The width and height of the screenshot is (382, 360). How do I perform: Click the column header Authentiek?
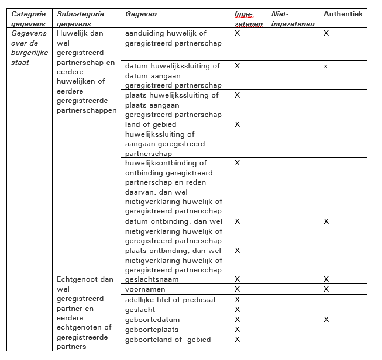[343, 14]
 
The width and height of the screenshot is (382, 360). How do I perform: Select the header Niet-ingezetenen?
[292, 19]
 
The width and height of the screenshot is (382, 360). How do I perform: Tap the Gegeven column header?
[141, 14]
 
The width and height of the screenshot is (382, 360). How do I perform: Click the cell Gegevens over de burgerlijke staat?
[29, 48]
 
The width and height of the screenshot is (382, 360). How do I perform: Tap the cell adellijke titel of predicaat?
[170, 300]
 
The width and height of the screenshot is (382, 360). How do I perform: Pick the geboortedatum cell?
[153, 320]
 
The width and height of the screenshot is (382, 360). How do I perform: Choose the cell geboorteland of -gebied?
[168, 340]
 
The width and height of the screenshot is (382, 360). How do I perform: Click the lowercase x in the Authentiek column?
[326, 67]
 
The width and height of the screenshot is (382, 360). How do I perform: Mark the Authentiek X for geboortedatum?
[326, 320]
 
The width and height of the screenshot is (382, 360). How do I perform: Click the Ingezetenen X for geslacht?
[237, 310]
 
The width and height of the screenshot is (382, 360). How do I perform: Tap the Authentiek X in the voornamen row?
[326, 289]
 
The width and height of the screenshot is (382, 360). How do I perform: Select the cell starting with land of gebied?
[165, 139]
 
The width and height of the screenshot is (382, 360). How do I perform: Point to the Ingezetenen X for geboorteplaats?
[237, 330]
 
